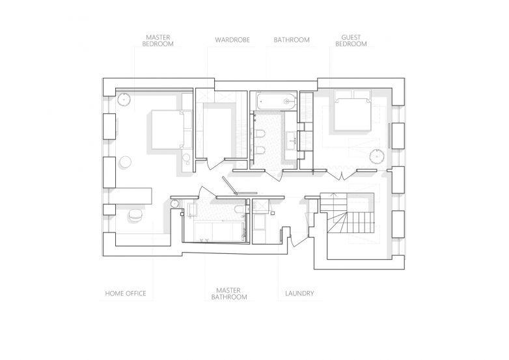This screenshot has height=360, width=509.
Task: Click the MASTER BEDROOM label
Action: click(x=158, y=40)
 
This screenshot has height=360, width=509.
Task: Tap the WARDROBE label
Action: click(x=232, y=40)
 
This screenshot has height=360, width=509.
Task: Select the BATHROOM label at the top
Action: click(x=292, y=40)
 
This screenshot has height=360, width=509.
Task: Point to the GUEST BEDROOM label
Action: click(x=351, y=40)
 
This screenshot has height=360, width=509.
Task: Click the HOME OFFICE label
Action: click(x=126, y=294)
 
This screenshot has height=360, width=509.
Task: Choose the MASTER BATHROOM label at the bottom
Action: click(x=229, y=294)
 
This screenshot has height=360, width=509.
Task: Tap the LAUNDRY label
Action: click(x=299, y=294)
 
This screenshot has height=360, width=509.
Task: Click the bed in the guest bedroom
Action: click(x=353, y=111)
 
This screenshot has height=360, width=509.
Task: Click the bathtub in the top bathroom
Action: click(x=277, y=102)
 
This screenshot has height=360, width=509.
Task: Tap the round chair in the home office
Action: click(x=135, y=215)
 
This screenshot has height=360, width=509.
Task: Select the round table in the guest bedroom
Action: click(x=377, y=156)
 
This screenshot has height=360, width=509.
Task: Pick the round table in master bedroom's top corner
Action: click(x=124, y=99)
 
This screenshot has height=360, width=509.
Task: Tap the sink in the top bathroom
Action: click(x=292, y=140)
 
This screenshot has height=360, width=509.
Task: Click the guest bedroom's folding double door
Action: click(x=341, y=174)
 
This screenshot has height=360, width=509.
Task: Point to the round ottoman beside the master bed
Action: click(x=125, y=161)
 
